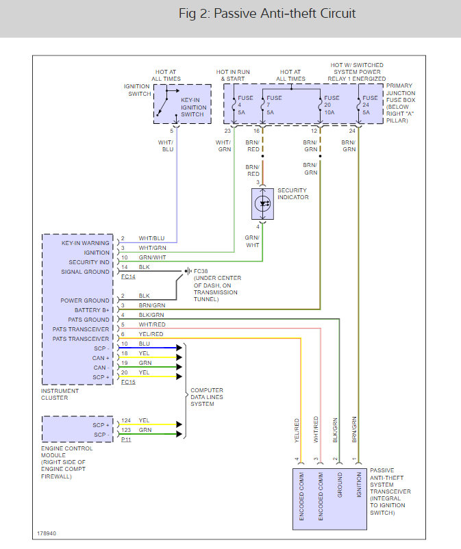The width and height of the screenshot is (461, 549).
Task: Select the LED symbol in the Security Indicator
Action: click(x=263, y=204)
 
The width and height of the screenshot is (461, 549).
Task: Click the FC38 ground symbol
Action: click(x=188, y=271)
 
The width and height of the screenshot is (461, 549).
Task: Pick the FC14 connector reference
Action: click(x=128, y=277)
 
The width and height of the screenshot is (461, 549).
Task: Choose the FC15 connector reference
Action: click(x=128, y=382)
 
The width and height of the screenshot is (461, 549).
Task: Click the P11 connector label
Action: click(x=126, y=439)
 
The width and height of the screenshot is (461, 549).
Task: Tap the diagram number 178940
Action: click(x=47, y=533)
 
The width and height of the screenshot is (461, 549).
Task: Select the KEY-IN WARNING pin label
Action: click(x=85, y=243)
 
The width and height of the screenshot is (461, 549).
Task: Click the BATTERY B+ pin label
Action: click(x=92, y=310)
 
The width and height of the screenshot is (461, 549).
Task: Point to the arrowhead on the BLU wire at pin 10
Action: click(x=179, y=348)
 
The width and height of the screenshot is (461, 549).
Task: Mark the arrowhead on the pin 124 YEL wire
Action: click(x=179, y=424)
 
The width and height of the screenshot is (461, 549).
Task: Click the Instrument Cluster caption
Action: click(x=60, y=394)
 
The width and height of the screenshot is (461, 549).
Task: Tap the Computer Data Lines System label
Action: click(x=207, y=397)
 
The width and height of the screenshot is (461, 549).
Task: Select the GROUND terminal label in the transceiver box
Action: click(x=340, y=485)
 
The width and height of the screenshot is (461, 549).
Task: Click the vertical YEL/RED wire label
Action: click(x=297, y=431)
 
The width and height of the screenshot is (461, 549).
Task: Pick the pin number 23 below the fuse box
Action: click(x=227, y=131)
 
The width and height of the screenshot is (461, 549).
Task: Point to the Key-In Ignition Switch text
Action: click(x=193, y=107)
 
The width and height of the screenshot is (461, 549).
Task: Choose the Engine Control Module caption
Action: click(x=66, y=462)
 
